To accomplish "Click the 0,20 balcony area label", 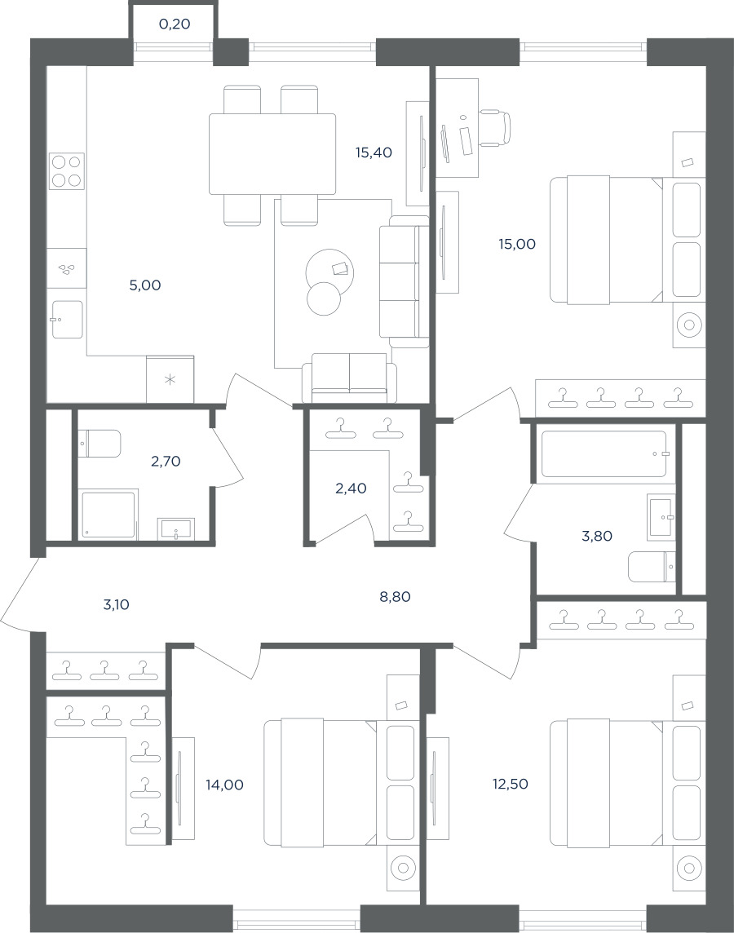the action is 175,24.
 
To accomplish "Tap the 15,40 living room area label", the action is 374,153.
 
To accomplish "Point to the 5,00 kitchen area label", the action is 145,285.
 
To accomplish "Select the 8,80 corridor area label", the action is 395,596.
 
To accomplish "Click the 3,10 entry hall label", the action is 116,604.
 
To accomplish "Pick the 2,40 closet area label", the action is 351,489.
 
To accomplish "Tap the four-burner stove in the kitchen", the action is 66,171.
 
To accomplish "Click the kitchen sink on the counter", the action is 67,320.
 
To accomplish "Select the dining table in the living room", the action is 272,154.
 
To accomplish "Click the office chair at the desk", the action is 495,127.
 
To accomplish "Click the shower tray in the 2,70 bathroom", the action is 108,515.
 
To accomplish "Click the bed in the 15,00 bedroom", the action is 607,240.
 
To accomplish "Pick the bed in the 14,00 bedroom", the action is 321,784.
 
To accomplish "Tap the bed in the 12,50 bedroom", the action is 607,784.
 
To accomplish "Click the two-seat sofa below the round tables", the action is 349,378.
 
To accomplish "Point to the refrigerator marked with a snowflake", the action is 170,379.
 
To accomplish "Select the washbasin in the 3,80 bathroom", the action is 662,517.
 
